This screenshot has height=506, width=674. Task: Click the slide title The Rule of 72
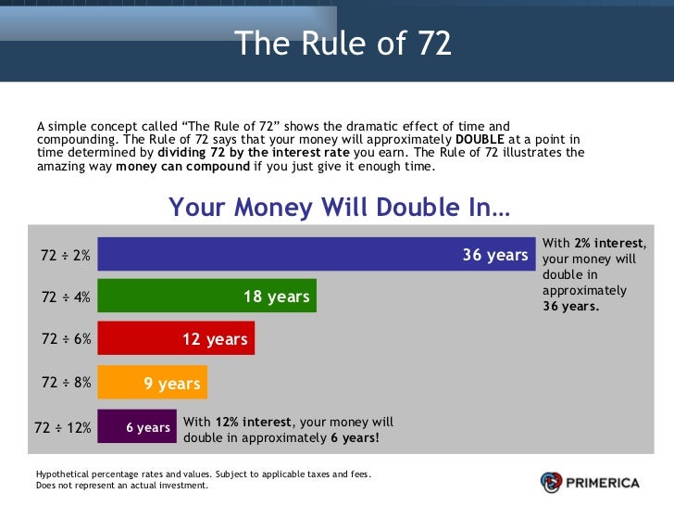[343, 44]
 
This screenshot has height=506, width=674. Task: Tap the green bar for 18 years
[206, 297]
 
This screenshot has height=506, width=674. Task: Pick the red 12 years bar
[176, 339]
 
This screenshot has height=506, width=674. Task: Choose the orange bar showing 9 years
[152, 383]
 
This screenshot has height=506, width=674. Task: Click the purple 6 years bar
[136, 426]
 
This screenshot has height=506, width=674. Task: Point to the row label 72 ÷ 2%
[66, 255]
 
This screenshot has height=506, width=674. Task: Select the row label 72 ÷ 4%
[66, 297]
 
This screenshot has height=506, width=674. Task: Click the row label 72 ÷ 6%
[66, 339]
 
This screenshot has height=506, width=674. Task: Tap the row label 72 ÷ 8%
[66, 382]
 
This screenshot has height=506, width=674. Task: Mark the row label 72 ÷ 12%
[63, 427]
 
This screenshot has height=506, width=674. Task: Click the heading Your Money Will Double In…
[339, 207]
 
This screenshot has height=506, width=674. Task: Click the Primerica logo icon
[552, 482]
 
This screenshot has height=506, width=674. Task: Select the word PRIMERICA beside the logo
[607, 482]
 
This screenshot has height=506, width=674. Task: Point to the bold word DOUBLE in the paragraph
[480, 139]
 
